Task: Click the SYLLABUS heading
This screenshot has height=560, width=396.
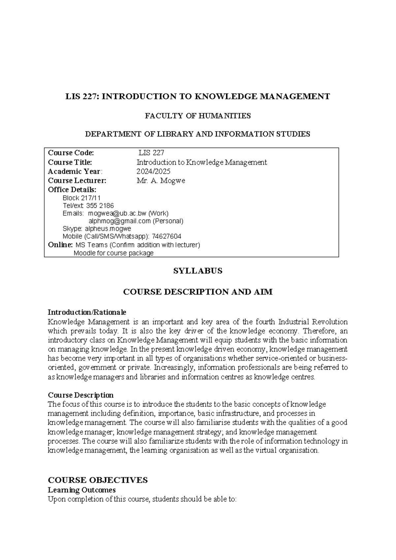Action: tap(198, 271)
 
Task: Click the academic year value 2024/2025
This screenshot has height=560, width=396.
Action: tap(153, 171)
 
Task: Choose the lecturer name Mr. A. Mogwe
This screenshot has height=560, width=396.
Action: tap(161, 181)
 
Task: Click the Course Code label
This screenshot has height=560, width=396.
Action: tap(71, 153)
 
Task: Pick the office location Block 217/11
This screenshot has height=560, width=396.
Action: tap(82, 198)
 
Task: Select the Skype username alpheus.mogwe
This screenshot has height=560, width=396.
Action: tap(108, 228)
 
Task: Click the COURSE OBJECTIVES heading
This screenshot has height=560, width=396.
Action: tap(98, 480)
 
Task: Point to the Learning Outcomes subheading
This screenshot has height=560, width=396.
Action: tap(82, 490)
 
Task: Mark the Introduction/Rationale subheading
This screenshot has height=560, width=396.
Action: tap(87, 312)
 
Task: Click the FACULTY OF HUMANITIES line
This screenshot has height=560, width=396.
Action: tap(198, 116)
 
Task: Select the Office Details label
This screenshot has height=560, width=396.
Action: tap(72, 190)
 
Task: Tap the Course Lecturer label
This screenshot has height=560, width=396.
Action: tap(77, 181)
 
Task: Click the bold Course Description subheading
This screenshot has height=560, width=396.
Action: tap(81, 395)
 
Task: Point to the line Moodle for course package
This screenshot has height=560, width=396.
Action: tap(114, 253)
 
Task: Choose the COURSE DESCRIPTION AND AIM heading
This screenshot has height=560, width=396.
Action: tap(198, 292)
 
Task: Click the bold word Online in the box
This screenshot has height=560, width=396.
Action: tap(60, 245)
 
